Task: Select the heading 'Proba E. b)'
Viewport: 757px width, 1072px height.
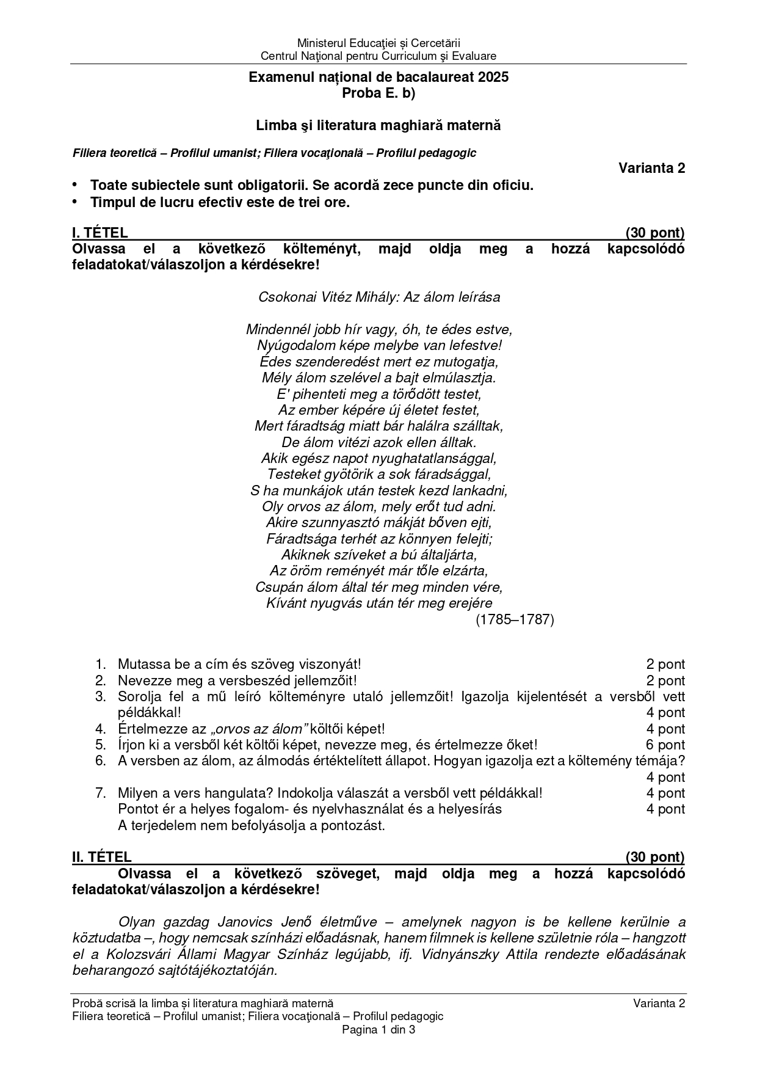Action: pos(378,93)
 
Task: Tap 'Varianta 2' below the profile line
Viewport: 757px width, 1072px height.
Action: pos(651,169)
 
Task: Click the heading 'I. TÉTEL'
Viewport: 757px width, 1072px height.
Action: pos(100,233)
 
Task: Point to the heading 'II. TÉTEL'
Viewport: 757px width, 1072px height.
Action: pos(102,858)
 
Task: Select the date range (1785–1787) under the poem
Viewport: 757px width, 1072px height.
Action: pos(515,620)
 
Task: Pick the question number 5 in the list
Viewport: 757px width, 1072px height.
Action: pos(101,745)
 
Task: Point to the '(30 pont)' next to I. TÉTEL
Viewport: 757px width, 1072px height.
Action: pos(654,233)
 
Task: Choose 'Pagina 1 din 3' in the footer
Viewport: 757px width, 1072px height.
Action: pos(378,1030)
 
